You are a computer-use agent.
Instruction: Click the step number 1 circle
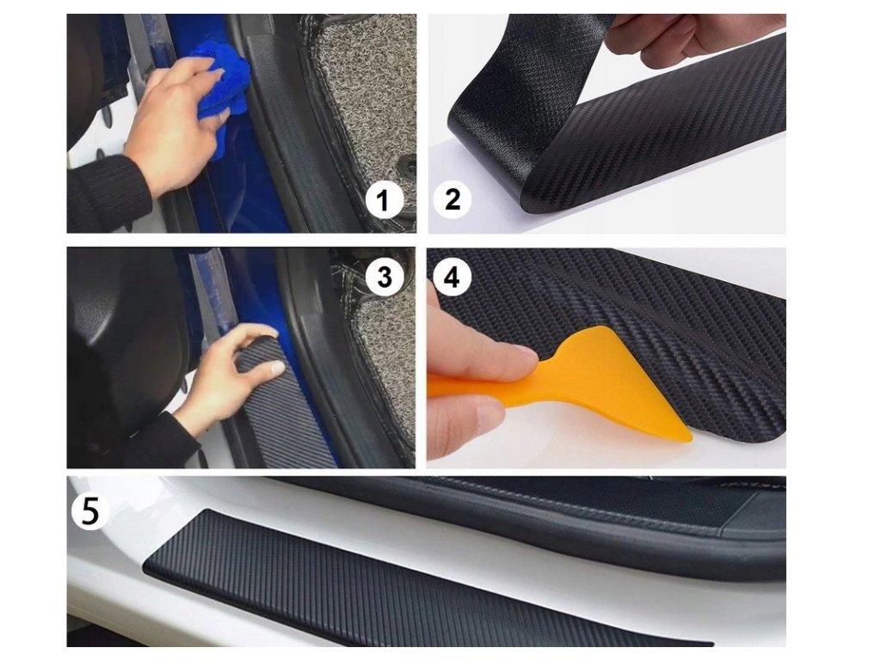pos(384,200)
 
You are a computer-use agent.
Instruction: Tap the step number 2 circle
pos(452,199)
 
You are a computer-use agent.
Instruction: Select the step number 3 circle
pos(385,276)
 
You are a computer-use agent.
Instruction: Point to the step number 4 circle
pos(452,278)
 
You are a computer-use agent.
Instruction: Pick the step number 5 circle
pos(89,510)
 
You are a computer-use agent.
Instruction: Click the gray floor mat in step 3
pos(382,348)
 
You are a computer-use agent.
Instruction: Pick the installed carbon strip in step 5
pos(427,584)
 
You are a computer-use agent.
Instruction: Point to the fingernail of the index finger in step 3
pos(277,368)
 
